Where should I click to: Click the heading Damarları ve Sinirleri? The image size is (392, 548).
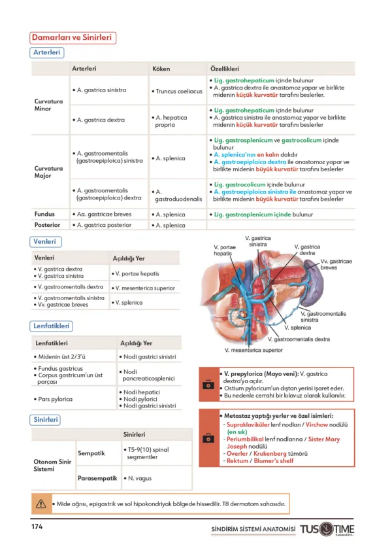(73, 38)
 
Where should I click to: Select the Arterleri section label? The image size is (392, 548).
(47, 52)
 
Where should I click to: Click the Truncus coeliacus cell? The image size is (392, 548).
(178, 91)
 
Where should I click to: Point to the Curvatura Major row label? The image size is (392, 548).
(48, 172)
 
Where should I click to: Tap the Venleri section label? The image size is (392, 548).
(46, 242)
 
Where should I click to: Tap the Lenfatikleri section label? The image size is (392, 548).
(52, 326)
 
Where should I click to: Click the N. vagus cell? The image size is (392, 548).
(139, 478)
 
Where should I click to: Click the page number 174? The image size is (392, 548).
(37, 527)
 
